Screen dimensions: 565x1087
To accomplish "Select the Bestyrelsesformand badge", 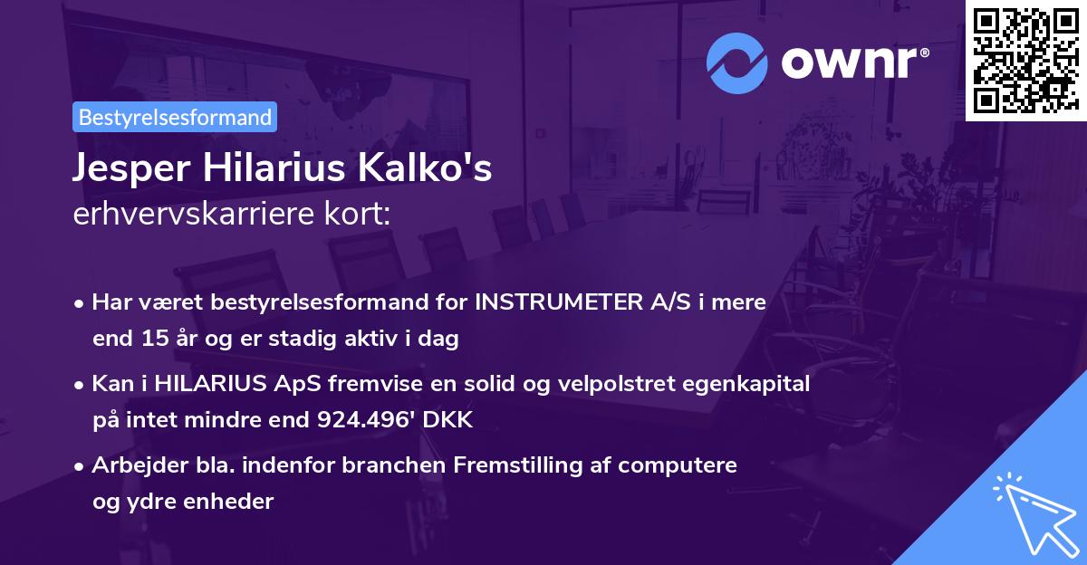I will point(175,117).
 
